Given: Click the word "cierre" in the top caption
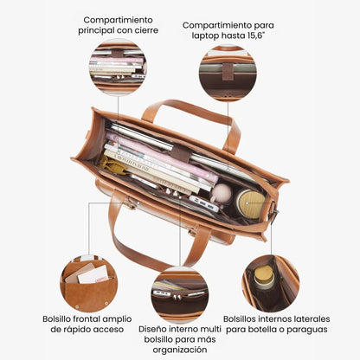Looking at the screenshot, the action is coord(145,30).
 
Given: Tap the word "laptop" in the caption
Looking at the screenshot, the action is coord(206,35).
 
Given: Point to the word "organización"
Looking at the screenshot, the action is coord(180,350).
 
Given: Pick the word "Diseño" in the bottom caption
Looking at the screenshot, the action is coord(152,329).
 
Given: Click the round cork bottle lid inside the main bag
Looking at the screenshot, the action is coord(250,203).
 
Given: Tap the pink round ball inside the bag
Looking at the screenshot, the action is coord(222,194).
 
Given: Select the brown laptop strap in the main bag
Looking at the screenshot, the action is coord(181,153).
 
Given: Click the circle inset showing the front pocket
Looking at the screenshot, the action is coord(89,284).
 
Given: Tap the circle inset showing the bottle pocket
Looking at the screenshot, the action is coord(271,284).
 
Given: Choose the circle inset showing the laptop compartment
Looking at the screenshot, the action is coord(228,73).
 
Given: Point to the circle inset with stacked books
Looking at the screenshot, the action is coord(118,67).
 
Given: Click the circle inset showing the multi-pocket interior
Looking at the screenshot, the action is coord(180,295).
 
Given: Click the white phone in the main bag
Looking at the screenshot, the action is coord(204,203).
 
